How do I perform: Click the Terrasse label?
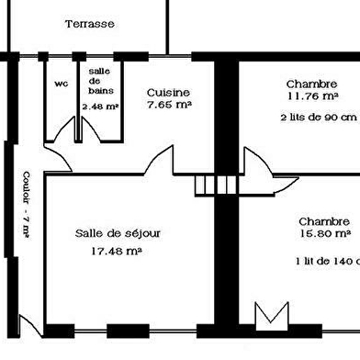tap(90, 24)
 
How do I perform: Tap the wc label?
tap(62, 84)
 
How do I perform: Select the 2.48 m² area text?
tap(100, 107)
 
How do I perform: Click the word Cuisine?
tap(168, 93)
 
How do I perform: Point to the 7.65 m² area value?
tap(169, 105)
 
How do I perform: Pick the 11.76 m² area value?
tap(313, 96)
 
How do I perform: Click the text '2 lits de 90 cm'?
tap(319, 118)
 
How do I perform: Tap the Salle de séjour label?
tap(118, 233)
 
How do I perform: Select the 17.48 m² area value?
tap(117, 252)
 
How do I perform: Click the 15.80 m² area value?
tap(325, 234)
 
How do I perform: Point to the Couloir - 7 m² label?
tap(27, 205)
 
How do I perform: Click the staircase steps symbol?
tap(216, 186)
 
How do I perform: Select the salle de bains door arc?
tap(91, 129)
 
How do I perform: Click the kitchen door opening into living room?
tap(159, 160)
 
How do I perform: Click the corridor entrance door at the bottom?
tap(30, 325)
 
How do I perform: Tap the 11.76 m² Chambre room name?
tap(311, 84)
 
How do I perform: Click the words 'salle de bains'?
tap(100, 81)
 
